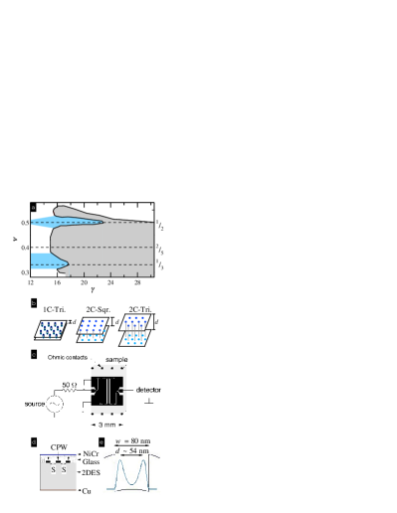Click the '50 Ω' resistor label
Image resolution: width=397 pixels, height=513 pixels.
[67, 384]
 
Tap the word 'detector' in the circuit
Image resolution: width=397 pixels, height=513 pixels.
[148, 390]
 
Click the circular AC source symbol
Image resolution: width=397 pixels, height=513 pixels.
[56, 409]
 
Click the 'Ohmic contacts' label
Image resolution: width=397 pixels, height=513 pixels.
[67, 356]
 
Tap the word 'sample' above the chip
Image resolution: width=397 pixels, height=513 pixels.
[116, 359]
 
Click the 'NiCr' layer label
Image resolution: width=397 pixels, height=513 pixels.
[91, 453]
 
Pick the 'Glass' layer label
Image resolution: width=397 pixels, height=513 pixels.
[91, 462]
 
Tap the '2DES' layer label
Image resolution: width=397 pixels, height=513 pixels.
[91, 473]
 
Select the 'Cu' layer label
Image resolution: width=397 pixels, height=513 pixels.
[88, 490]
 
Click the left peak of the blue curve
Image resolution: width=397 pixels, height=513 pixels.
[114, 459]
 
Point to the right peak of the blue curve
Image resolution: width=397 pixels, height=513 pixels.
[146, 459]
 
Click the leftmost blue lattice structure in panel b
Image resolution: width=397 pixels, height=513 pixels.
[51, 329]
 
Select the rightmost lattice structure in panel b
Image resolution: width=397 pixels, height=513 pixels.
[134, 331]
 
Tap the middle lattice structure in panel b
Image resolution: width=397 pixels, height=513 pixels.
[93, 330]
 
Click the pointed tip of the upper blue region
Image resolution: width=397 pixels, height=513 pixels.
[102, 222]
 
